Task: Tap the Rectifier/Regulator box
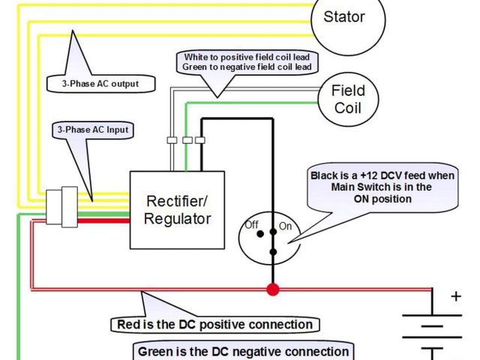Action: (x=177, y=210)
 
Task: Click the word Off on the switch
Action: (x=252, y=223)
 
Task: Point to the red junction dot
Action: (x=272, y=289)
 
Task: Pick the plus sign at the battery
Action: (x=456, y=296)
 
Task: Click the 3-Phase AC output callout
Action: (x=100, y=83)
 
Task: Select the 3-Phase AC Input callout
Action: (x=91, y=130)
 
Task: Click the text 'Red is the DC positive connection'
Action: (x=214, y=325)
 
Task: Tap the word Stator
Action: (x=343, y=16)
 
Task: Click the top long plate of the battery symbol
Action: (x=432, y=316)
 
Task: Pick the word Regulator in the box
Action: (x=177, y=219)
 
